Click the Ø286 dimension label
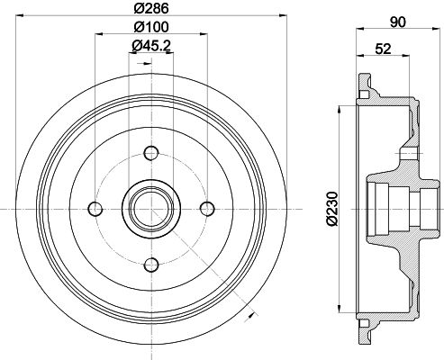point(150,9)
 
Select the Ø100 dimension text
point(150,27)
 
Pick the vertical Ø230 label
point(331,206)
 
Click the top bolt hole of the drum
point(151,152)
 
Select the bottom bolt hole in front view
point(151,264)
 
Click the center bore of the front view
point(151,208)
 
